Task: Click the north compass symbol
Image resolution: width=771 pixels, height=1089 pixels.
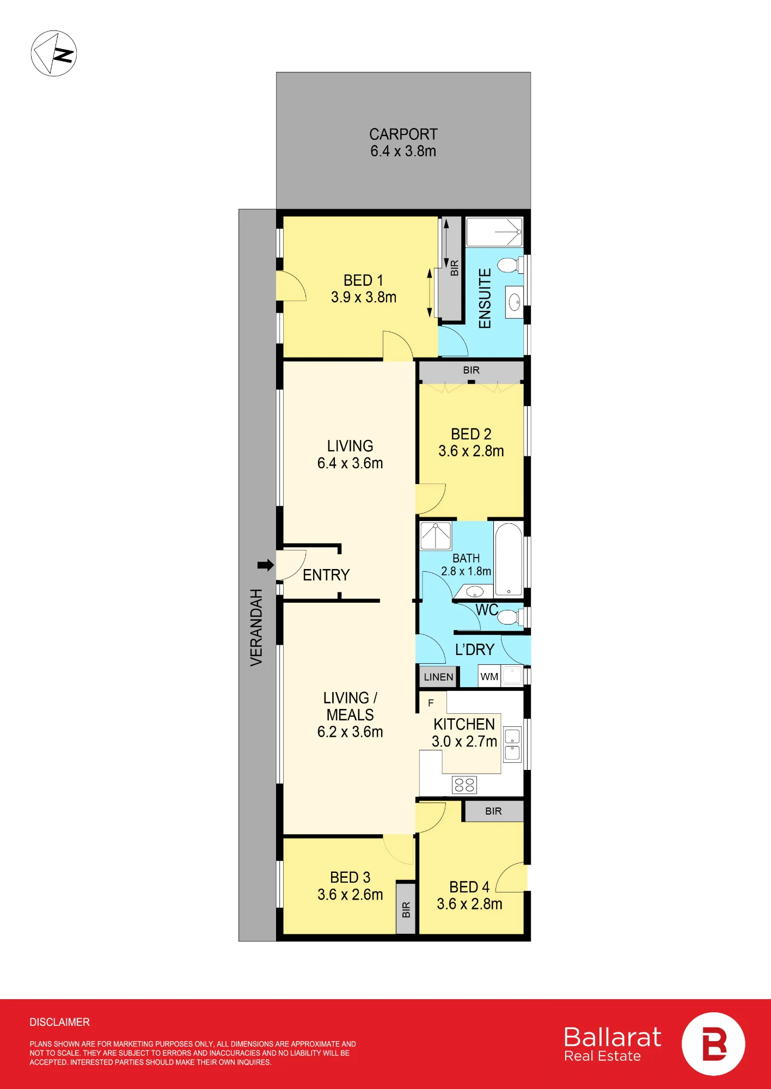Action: (x=53, y=53)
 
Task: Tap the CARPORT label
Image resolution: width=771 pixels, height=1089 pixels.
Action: (x=403, y=134)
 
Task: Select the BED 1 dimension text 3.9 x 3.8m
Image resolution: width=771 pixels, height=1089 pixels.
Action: (x=364, y=297)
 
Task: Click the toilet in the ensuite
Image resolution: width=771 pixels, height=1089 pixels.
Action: (x=510, y=265)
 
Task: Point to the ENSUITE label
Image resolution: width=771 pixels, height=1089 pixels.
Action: (x=485, y=298)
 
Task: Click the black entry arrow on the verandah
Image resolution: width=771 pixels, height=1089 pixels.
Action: (x=266, y=565)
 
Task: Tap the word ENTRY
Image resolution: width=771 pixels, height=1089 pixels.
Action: (x=326, y=575)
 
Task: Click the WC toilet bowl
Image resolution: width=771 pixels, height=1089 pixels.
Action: (x=510, y=617)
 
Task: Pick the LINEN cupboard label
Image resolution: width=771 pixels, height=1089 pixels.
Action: (x=438, y=677)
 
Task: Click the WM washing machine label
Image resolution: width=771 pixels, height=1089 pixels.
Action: (x=489, y=677)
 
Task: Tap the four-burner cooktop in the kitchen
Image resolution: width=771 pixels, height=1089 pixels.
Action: (x=464, y=785)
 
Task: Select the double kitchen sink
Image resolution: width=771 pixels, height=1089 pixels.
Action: (x=512, y=744)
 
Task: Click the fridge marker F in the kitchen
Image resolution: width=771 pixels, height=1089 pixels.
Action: (x=431, y=703)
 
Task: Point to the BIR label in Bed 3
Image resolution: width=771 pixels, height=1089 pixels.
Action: (x=406, y=910)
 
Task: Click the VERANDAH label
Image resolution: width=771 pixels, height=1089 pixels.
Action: (x=256, y=627)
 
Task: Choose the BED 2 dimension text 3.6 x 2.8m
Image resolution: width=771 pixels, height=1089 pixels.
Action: (x=471, y=451)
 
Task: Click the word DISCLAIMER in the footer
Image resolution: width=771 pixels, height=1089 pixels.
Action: (x=60, y=1022)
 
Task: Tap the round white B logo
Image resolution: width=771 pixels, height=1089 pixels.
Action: (x=713, y=1044)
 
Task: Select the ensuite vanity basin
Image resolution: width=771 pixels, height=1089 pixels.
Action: (x=515, y=302)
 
